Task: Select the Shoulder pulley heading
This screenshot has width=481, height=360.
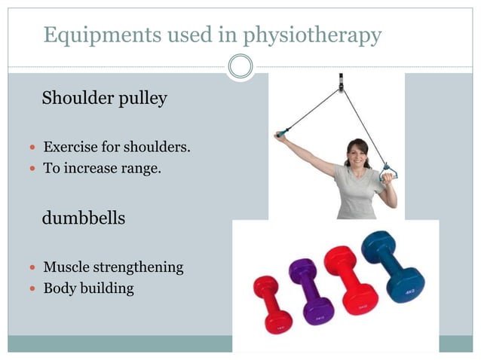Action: point(105,98)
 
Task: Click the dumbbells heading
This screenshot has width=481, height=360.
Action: point(84,218)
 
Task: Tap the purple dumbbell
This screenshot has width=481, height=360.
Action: point(310,291)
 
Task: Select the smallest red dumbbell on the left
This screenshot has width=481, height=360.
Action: point(273,305)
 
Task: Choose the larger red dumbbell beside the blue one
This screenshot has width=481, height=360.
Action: point(351,279)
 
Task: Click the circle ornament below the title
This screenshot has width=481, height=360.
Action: point(240,67)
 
